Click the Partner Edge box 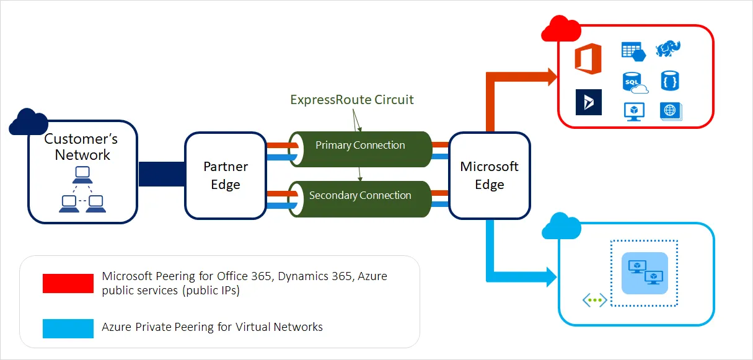click(225, 175)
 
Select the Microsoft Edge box click(489, 175)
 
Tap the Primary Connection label click(360, 146)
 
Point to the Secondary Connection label click(360, 195)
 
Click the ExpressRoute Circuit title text click(351, 100)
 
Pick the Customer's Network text click(82, 147)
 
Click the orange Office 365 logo click(588, 59)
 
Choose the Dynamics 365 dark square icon click(588, 102)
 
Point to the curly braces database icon click(670, 81)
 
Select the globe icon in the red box click(670, 111)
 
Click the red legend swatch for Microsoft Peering click(68, 283)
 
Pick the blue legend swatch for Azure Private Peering click(68, 327)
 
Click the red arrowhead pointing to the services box click(549, 77)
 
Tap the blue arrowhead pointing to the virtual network click(549, 276)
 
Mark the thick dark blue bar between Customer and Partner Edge click(161, 175)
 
